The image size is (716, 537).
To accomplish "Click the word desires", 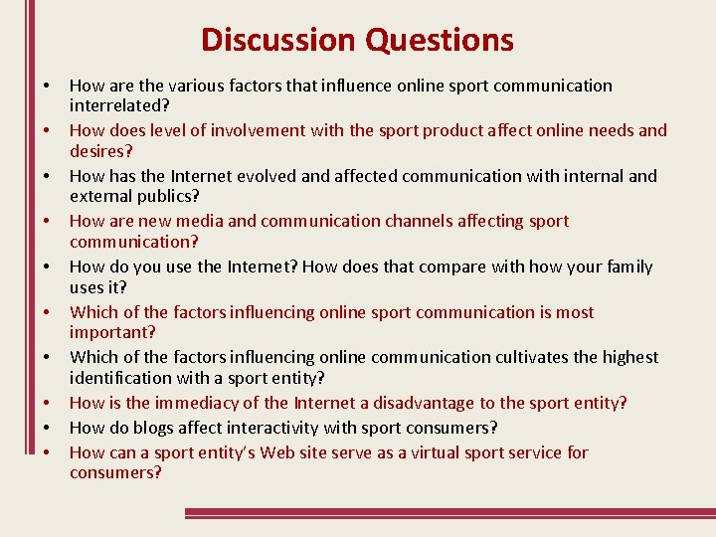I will (98, 151).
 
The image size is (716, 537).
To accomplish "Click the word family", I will (628, 267).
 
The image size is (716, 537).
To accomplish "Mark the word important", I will (109, 332).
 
